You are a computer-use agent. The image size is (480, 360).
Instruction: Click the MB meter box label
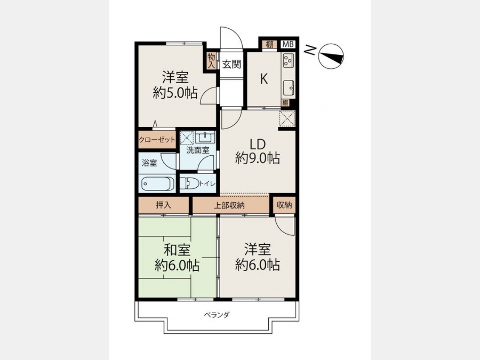(288, 44)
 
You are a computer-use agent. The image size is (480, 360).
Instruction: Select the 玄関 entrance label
(231, 65)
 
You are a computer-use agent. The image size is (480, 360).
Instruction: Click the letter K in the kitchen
(264, 79)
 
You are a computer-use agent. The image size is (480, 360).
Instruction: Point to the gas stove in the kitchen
(289, 60)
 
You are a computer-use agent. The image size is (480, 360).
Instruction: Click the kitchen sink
(289, 88)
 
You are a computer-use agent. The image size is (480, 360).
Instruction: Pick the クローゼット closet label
(157, 140)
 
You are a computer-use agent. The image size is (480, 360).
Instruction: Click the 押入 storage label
(164, 205)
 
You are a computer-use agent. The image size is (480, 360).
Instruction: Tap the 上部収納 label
(229, 205)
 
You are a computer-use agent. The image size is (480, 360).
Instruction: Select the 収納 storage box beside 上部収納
(284, 205)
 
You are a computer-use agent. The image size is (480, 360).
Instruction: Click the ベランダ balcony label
(217, 314)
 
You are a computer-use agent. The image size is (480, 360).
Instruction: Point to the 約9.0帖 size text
(258, 158)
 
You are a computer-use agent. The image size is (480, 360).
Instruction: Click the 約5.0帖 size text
(175, 93)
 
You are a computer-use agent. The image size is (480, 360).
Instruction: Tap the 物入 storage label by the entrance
(211, 61)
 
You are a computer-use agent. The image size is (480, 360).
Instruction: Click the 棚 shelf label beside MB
(269, 44)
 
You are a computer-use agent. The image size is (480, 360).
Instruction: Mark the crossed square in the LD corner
(287, 118)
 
